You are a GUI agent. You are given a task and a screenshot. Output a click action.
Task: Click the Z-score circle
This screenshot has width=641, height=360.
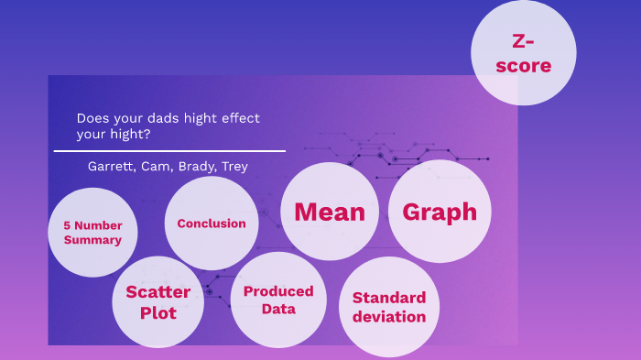pyautogui.click(x=523, y=53)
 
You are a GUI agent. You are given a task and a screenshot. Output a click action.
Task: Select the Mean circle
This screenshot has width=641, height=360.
pyautogui.click(x=330, y=212)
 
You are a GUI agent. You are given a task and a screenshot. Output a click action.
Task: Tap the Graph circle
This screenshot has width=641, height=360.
pyautogui.click(x=440, y=212)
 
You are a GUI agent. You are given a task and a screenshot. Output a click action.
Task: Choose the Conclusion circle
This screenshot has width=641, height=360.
pyautogui.click(x=212, y=223)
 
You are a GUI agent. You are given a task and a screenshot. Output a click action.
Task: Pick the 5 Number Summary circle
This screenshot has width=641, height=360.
pyautogui.click(x=92, y=233)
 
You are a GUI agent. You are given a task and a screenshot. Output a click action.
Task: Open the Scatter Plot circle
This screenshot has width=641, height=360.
pyautogui.click(x=158, y=301)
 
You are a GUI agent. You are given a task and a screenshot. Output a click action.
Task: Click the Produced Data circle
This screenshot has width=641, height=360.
pyautogui.click(x=278, y=300)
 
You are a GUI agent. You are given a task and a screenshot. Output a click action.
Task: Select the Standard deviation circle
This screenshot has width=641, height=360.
pyautogui.click(x=389, y=307)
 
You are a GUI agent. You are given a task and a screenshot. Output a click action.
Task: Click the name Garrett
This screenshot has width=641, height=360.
pyautogui.click(x=110, y=167)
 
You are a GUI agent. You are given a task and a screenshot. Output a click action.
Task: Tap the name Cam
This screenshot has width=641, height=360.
pyautogui.click(x=156, y=167)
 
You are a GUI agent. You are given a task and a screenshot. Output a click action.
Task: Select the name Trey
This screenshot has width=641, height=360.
pyautogui.click(x=234, y=167)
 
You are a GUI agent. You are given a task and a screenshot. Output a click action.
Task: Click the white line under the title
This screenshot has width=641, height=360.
pyautogui.click(x=169, y=150)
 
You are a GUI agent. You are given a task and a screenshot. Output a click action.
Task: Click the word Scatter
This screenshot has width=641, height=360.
pyautogui.click(x=158, y=292)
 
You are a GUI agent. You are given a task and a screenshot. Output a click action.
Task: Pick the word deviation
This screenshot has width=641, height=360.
pyautogui.click(x=389, y=317)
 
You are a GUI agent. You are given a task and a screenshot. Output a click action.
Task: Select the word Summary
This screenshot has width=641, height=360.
pyautogui.click(x=92, y=240)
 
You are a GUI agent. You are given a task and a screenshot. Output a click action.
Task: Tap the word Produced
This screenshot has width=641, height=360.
pyautogui.click(x=278, y=291)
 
